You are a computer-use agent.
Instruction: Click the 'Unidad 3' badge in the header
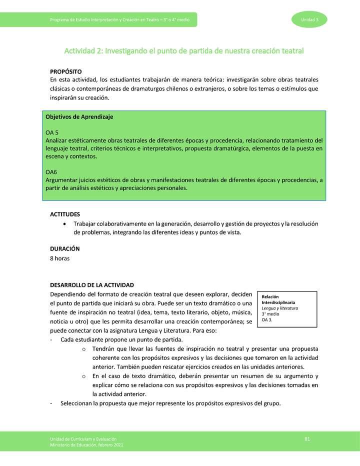(x=306, y=19)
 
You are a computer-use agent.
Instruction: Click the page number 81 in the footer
(x=307, y=438)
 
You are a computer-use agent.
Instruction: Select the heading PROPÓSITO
(x=66, y=72)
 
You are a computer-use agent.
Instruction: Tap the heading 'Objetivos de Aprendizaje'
(x=79, y=116)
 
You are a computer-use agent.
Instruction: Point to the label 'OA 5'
(x=52, y=132)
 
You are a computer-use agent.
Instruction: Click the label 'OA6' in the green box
(x=51, y=172)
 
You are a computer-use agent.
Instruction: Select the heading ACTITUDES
(x=65, y=214)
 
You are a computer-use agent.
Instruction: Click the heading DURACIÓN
(x=65, y=248)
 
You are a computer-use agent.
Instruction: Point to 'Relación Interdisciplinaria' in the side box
(x=278, y=299)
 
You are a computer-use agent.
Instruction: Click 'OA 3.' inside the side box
(x=267, y=319)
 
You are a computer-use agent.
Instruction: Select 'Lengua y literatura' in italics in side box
(x=279, y=308)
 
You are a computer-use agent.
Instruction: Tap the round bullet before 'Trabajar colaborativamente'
(x=66, y=223)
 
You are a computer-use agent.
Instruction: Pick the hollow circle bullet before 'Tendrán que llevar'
(x=83, y=348)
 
